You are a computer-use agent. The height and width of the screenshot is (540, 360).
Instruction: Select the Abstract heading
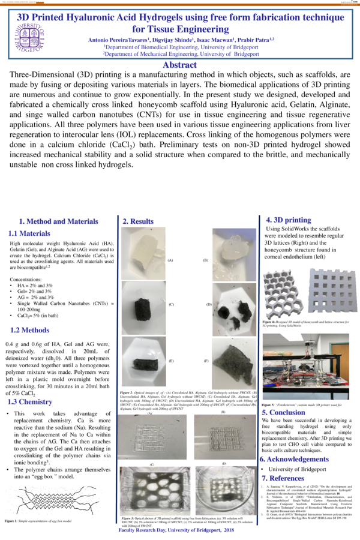click(180, 65)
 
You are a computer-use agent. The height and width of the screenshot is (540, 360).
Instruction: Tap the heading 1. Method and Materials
click(58, 221)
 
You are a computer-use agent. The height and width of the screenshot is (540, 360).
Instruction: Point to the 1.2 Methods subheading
click(30, 330)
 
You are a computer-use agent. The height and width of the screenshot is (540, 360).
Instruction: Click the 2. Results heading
click(139, 222)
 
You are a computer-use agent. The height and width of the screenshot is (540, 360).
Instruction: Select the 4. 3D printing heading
click(292, 220)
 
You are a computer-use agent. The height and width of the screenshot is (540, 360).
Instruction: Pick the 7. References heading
click(289, 478)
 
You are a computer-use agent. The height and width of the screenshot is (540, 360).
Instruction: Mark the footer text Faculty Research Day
click(180, 532)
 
